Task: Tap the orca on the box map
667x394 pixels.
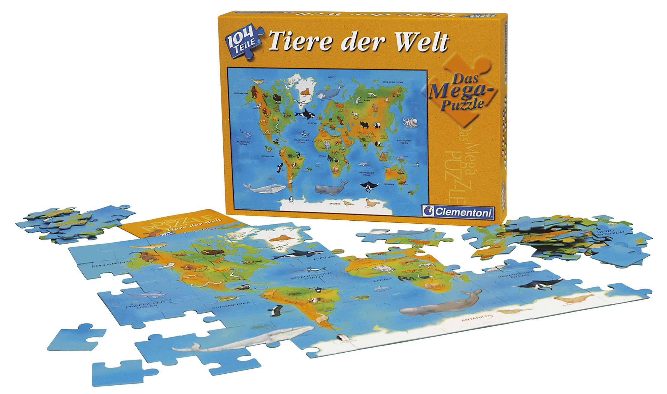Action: pos(304,113)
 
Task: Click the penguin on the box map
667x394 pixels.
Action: pos(290,199)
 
